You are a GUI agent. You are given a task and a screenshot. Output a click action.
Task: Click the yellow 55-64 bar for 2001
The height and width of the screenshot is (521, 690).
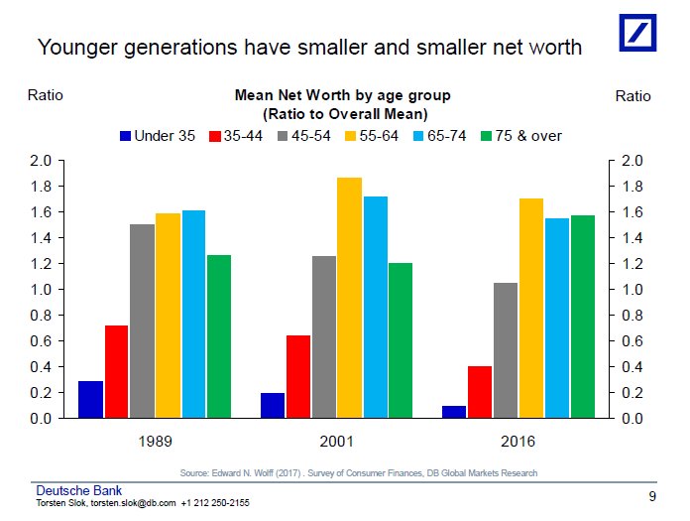pyautogui.click(x=350, y=298)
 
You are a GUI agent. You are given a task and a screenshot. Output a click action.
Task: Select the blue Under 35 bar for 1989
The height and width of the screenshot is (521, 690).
pyautogui.click(x=91, y=400)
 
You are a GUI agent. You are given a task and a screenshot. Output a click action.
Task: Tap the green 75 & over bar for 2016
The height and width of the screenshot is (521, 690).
pyautogui.click(x=582, y=317)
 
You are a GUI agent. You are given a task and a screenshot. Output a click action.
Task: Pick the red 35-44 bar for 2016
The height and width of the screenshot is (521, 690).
pyautogui.click(x=480, y=392)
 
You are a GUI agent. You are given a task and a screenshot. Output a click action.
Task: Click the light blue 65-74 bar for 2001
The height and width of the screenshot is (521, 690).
pyautogui.click(x=376, y=308)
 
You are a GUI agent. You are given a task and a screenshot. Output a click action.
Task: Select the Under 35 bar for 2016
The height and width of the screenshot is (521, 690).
pyautogui.click(x=454, y=412)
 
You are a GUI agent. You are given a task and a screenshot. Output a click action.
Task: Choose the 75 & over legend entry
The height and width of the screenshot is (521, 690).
pyautogui.click(x=519, y=135)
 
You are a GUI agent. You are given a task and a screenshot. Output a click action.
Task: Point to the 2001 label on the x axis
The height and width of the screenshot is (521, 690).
pyautogui.click(x=337, y=439)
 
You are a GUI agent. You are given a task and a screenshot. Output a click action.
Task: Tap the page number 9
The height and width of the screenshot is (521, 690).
pyautogui.click(x=652, y=496)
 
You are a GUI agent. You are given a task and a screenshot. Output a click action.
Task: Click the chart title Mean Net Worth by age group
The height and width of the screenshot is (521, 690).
pyautogui.click(x=342, y=96)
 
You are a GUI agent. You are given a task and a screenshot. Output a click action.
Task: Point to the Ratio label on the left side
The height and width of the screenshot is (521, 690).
pyautogui.click(x=45, y=96)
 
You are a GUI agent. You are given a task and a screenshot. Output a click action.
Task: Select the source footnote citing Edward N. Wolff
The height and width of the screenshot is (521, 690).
pyautogui.click(x=359, y=472)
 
